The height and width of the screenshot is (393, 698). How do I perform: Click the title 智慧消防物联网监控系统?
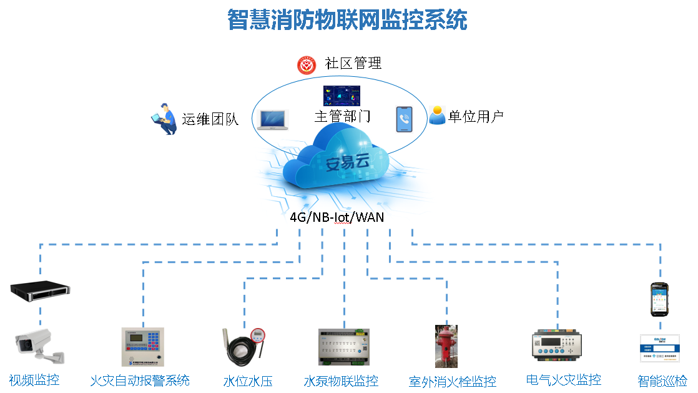(x=347, y=20)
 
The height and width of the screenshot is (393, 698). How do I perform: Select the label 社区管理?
(x=353, y=64)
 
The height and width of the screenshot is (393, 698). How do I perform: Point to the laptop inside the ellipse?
(x=273, y=119)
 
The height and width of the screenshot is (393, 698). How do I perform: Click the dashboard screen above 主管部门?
(x=342, y=96)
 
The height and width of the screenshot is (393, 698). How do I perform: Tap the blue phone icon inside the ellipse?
(x=404, y=119)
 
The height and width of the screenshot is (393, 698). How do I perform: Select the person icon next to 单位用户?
(x=437, y=115)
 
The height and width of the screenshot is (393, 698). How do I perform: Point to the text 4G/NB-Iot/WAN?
(x=337, y=217)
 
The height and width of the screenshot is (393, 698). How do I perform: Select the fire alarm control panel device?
(x=143, y=347)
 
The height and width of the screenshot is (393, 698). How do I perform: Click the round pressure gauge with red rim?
(x=258, y=336)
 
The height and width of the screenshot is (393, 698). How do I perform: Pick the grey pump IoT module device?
(x=344, y=349)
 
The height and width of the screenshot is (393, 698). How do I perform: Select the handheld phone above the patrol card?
(x=660, y=299)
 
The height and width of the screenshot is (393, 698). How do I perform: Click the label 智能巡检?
(x=662, y=380)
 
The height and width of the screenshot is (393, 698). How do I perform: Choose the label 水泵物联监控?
(x=341, y=381)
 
